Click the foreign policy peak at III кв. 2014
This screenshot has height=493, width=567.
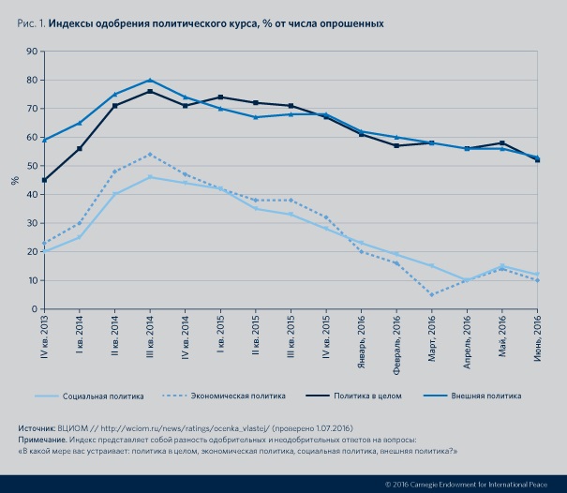pos(150,80)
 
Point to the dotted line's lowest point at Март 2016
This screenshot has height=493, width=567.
pos(432,294)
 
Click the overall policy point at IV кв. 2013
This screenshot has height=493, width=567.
pos(44,180)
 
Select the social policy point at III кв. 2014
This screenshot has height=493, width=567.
pos(150,177)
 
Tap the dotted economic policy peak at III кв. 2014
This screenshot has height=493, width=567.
pos(150,154)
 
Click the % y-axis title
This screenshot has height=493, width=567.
pos(14,179)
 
